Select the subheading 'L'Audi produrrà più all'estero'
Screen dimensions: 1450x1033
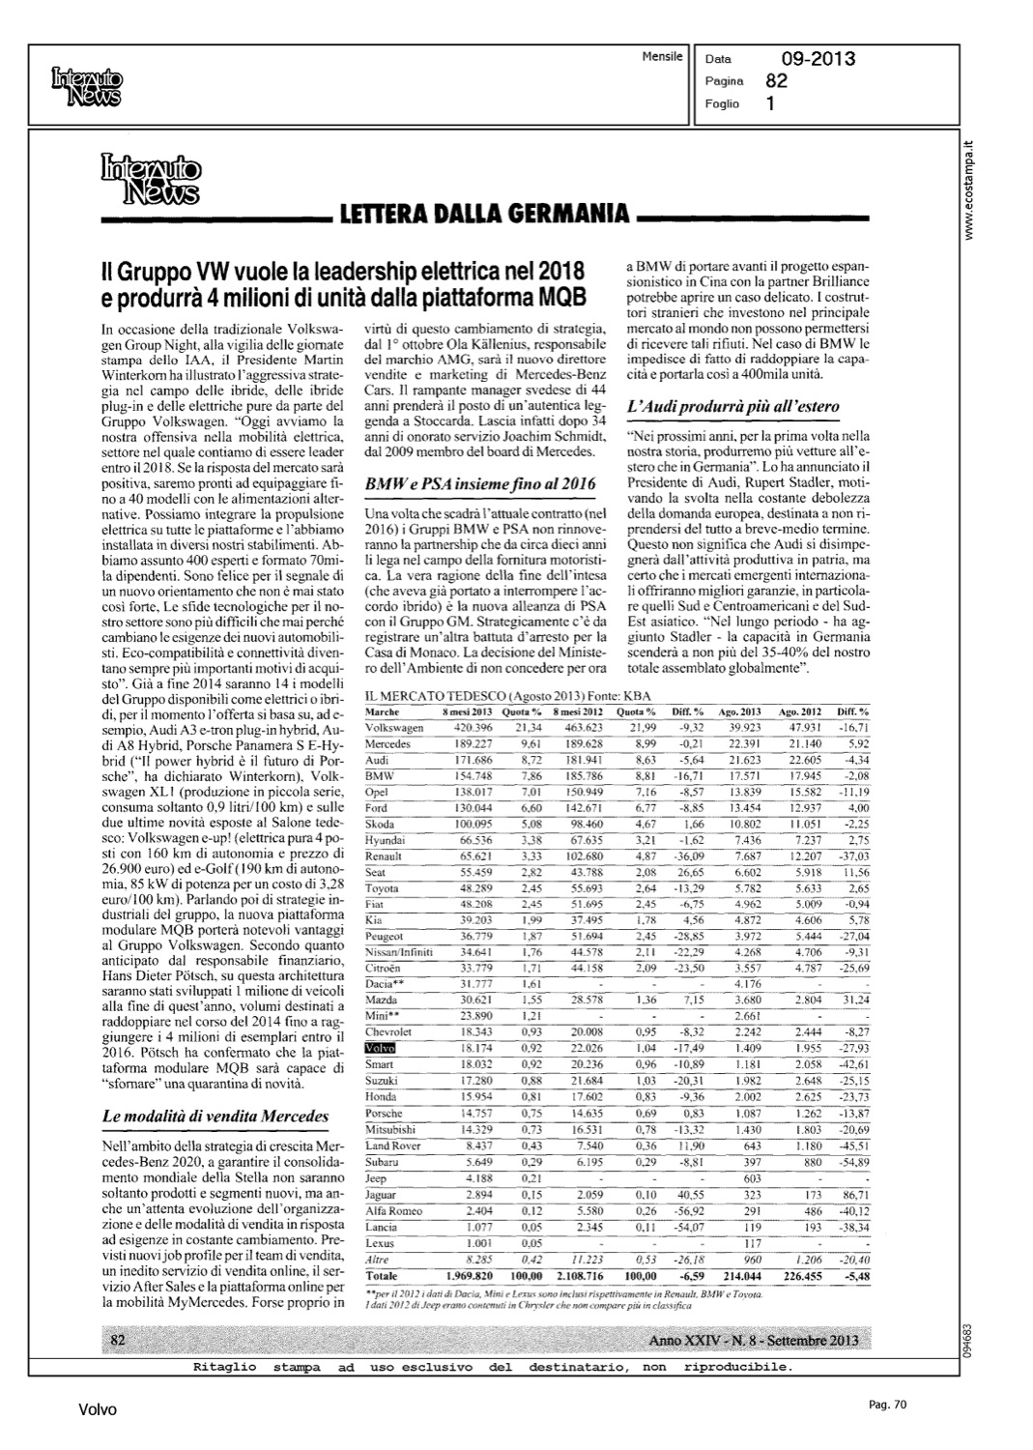point(732,407)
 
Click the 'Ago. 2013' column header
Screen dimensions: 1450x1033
point(753,710)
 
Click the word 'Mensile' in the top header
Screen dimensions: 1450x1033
point(662,56)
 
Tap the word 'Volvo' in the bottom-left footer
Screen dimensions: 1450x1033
point(98,1410)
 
